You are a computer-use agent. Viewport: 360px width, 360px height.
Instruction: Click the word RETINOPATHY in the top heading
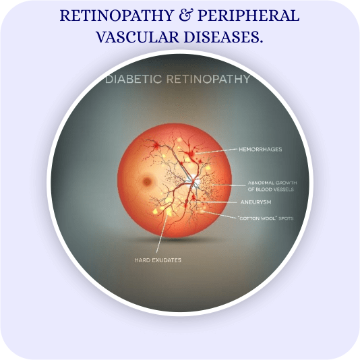coord(117,16)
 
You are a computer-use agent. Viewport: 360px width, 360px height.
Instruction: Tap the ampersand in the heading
coord(186,16)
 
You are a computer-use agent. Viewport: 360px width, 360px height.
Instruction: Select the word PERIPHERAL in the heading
coord(248,16)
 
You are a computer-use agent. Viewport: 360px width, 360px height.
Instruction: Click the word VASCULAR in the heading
coord(138,37)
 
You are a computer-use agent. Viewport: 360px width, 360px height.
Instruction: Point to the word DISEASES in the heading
coord(223,37)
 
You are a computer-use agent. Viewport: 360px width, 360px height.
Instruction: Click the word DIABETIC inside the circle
coord(133,79)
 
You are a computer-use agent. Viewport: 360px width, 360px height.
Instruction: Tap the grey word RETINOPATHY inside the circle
coord(208,79)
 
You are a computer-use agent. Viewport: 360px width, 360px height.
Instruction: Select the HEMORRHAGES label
coord(260,150)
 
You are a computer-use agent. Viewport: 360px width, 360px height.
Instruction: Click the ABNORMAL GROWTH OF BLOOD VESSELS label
coord(272,186)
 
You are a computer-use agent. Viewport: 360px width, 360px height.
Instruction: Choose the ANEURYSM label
coord(256,202)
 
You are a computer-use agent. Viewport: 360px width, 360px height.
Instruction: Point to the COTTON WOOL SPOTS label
coord(266,218)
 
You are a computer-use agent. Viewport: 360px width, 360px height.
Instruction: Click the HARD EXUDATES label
coord(158,260)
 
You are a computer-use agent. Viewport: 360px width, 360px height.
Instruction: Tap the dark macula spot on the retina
coord(147,181)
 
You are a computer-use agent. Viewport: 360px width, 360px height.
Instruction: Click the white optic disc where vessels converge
coord(195,181)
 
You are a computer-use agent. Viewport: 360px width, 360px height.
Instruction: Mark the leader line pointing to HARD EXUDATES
coord(162,231)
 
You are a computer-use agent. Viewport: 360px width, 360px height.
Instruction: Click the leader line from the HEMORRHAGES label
coord(217,151)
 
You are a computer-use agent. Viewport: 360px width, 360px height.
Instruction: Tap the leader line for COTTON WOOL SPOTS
coord(219,214)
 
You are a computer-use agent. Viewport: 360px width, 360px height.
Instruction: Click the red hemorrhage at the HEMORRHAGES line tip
coord(191,153)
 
